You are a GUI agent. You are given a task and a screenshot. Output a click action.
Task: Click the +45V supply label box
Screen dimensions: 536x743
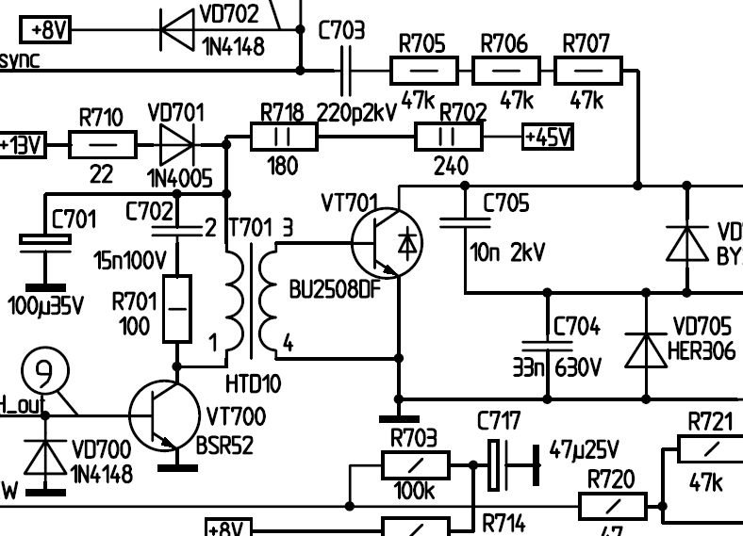548,138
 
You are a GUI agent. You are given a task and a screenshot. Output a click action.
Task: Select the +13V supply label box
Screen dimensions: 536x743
22,146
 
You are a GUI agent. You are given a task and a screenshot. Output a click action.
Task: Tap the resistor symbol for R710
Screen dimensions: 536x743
103,146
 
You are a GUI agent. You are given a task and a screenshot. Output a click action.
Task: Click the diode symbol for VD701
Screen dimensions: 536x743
177,145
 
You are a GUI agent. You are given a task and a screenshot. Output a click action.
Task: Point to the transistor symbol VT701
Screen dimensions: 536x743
387,241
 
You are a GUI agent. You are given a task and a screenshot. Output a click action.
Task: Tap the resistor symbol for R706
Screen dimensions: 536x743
505,70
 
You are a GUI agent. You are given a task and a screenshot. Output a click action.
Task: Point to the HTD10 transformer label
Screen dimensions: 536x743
252,383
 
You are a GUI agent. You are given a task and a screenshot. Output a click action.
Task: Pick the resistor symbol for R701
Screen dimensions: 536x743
177,308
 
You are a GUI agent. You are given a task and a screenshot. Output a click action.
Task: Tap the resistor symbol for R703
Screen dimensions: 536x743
415,465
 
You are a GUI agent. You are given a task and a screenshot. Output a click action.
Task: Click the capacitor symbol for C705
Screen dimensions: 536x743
466,222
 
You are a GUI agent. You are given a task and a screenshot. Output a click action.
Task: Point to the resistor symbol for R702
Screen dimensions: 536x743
449,138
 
